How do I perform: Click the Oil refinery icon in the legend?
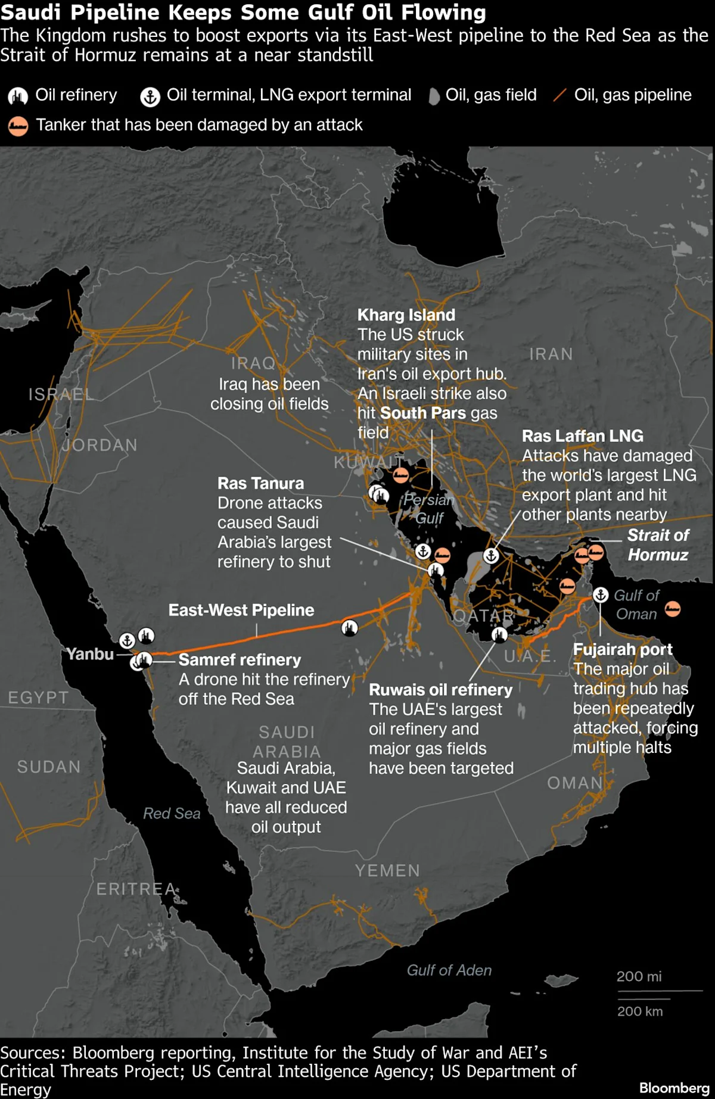tap(18, 96)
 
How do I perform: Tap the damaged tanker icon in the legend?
tap(18, 126)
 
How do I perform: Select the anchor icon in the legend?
tap(150, 96)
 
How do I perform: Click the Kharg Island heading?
tap(406, 315)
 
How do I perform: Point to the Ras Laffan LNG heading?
tap(582, 435)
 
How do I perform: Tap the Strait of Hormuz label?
tap(658, 544)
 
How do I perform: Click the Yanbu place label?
tap(90, 654)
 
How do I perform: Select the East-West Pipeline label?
tap(241, 610)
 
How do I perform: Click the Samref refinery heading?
tap(240, 659)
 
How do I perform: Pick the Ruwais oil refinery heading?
tap(440, 689)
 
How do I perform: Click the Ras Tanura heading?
tap(260, 483)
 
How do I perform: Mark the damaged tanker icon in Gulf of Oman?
tap(673, 608)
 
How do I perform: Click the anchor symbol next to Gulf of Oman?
tap(600, 594)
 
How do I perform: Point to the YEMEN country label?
tap(387, 870)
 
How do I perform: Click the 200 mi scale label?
tap(639, 976)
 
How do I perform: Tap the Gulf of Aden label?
tap(449, 970)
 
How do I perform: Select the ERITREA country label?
tap(136, 889)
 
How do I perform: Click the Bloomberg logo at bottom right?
tap(674, 1088)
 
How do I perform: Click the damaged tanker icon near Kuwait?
tap(401, 475)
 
